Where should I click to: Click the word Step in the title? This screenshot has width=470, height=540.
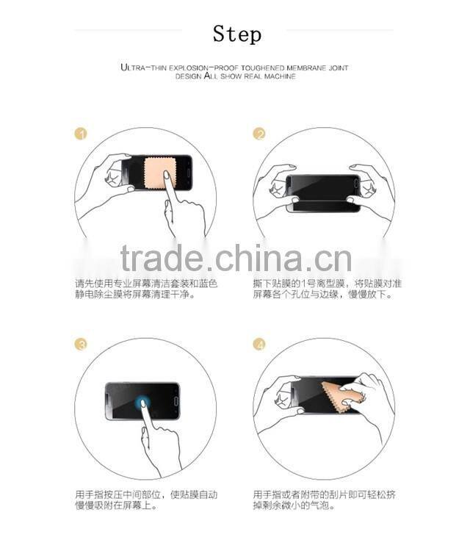pyautogui.click(x=236, y=35)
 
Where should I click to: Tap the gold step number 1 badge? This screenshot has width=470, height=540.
pyautogui.click(x=82, y=134)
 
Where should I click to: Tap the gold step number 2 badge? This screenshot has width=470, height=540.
pyautogui.click(x=259, y=134)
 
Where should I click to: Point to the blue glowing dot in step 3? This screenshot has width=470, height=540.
pyautogui.click(x=142, y=402)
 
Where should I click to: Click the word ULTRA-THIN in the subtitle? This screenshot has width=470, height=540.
pyautogui.click(x=143, y=68)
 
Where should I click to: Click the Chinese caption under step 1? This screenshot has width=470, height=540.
pyautogui.click(x=147, y=289)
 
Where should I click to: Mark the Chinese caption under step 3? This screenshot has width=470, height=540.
pyautogui.click(x=147, y=500)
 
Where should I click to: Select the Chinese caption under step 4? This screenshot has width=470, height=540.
pyautogui.click(x=325, y=500)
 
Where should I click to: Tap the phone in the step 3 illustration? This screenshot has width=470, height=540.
pyautogui.click(x=142, y=400)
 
